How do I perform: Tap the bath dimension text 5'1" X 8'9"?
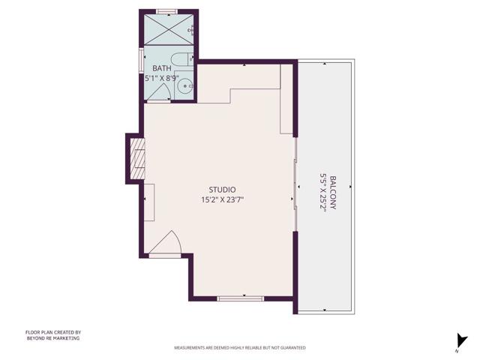pyautogui.click(x=162, y=77)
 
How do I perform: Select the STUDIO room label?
pyautogui.click(x=223, y=190)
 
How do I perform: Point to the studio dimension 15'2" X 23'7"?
pyautogui.click(x=223, y=200)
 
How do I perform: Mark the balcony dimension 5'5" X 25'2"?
pyautogui.click(x=323, y=193)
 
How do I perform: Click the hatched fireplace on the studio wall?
pyautogui.click(x=137, y=158)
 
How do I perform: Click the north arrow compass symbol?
pyautogui.click(x=459, y=342)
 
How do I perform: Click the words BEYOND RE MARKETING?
pyautogui.click(x=52, y=338)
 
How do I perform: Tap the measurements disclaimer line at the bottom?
pyautogui.click(x=240, y=348)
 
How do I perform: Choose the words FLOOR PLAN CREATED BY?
pyautogui.click(x=52, y=331)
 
